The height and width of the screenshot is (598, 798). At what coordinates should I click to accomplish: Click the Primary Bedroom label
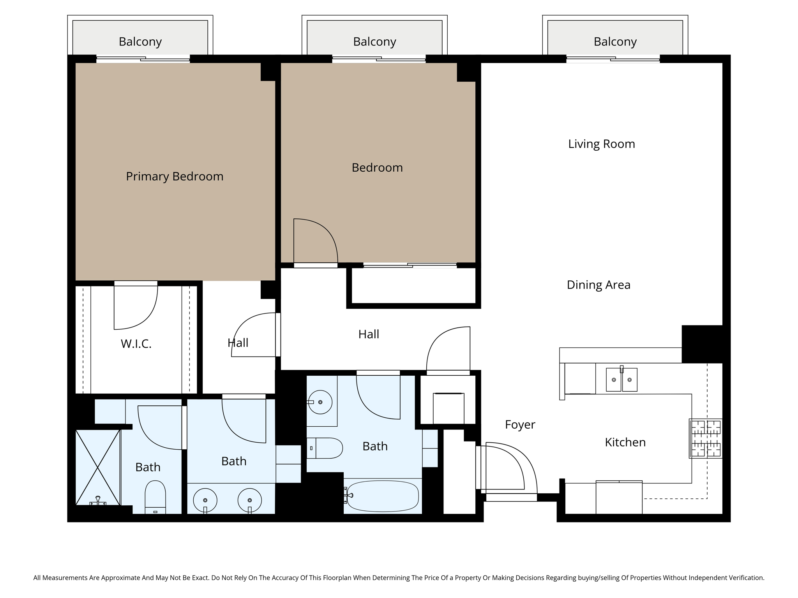click(x=175, y=176)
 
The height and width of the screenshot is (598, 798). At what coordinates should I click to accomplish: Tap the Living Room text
click(x=601, y=144)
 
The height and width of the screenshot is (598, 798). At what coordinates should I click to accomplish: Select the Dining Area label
click(x=598, y=285)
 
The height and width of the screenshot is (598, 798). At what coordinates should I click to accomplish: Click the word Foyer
click(x=520, y=424)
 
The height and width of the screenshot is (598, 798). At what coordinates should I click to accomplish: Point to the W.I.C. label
click(x=136, y=344)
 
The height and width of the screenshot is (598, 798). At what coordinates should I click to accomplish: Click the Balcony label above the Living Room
click(x=615, y=42)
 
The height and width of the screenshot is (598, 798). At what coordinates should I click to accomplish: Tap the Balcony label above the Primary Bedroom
click(x=140, y=42)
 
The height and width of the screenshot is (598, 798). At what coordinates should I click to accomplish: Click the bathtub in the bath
click(x=383, y=496)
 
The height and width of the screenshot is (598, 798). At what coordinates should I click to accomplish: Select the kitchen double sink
click(x=621, y=380)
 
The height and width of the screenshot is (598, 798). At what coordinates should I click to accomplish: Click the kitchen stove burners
click(x=706, y=438)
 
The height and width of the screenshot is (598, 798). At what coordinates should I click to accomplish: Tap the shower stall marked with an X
click(x=97, y=467)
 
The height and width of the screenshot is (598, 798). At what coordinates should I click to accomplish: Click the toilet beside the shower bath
click(x=155, y=498)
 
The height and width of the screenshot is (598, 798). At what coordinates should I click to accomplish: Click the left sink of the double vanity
click(x=205, y=500)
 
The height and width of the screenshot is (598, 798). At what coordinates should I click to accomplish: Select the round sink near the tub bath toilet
click(x=320, y=402)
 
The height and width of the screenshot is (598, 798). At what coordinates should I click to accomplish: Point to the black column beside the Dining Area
click(x=702, y=344)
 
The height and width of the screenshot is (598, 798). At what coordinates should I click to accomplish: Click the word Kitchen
click(x=625, y=442)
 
